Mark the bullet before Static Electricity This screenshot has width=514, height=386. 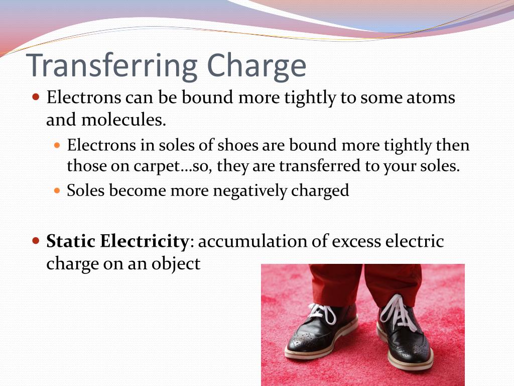tap(35, 241)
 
